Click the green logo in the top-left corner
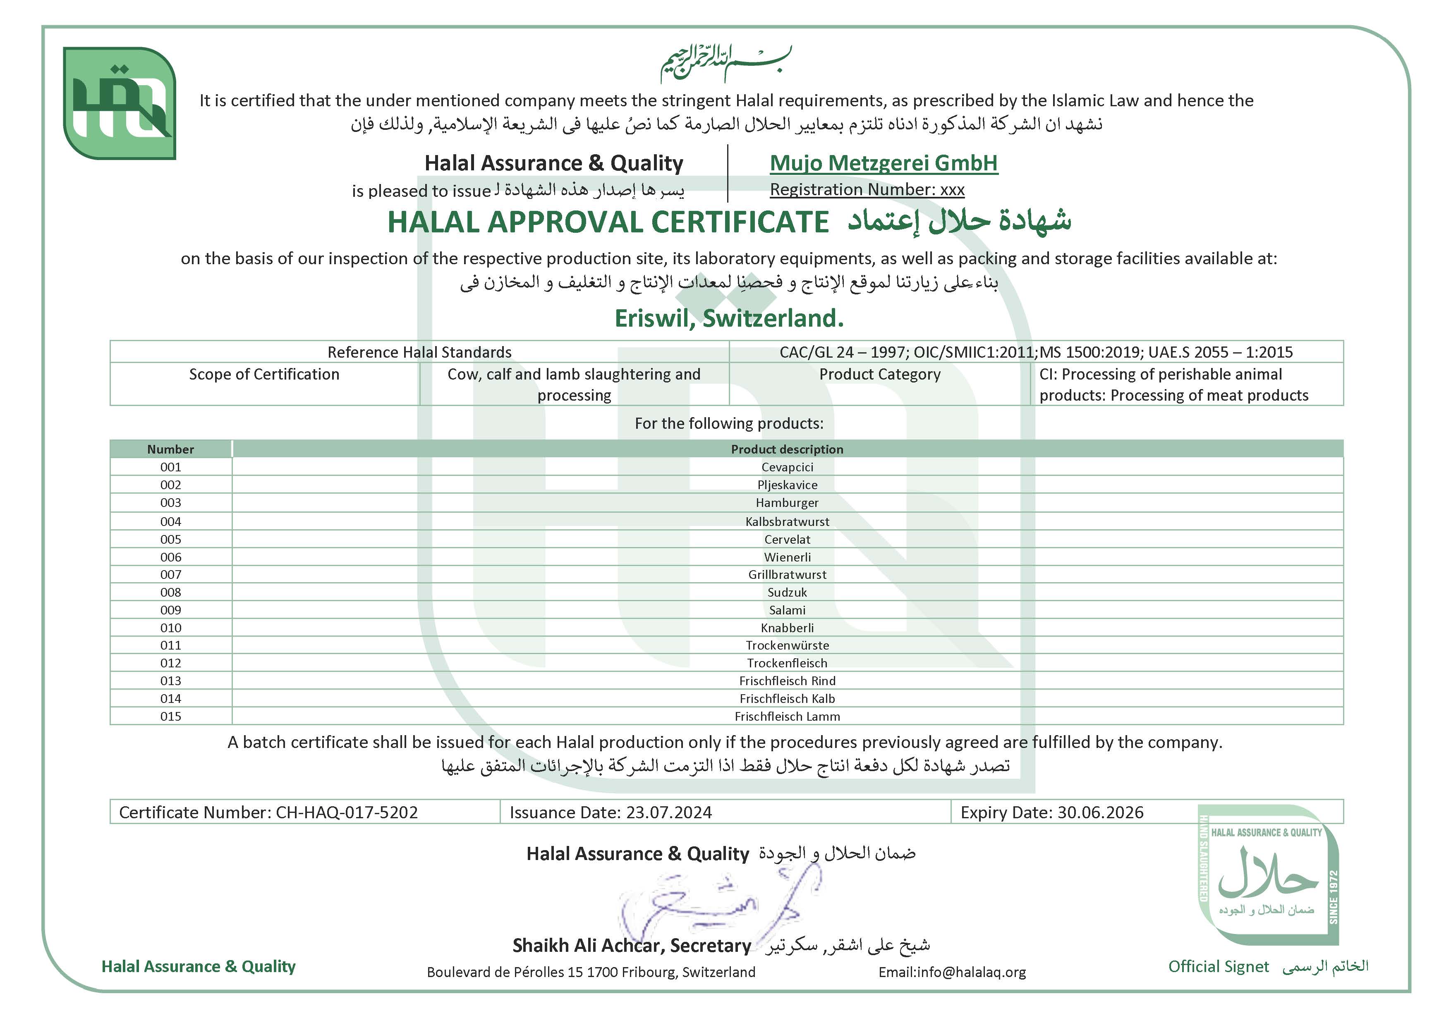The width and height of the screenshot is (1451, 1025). click(x=120, y=103)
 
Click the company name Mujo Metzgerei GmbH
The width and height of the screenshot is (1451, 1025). click(x=884, y=163)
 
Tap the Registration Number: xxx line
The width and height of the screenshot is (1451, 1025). click(x=867, y=189)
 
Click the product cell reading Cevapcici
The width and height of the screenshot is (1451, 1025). click(x=787, y=467)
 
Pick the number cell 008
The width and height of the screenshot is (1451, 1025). click(x=171, y=593)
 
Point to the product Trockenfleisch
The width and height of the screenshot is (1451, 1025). click(x=787, y=663)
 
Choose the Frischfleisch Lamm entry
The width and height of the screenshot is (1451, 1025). click(x=787, y=716)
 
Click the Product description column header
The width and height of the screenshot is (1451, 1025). click(x=787, y=449)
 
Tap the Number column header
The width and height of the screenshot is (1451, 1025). click(x=171, y=449)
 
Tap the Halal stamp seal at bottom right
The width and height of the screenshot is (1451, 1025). click(x=1268, y=874)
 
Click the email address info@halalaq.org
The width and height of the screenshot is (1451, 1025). click(x=971, y=972)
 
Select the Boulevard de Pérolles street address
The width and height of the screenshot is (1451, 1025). click(x=591, y=972)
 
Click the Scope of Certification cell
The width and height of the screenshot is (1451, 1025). click(x=264, y=375)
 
